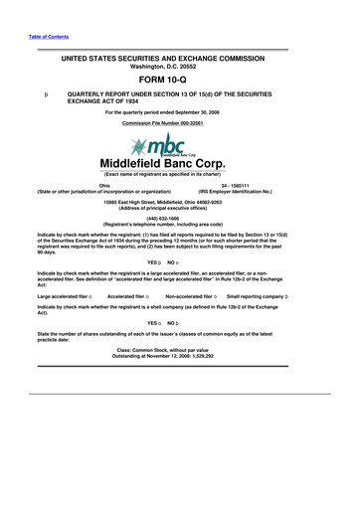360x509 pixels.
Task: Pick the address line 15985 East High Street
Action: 179,201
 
